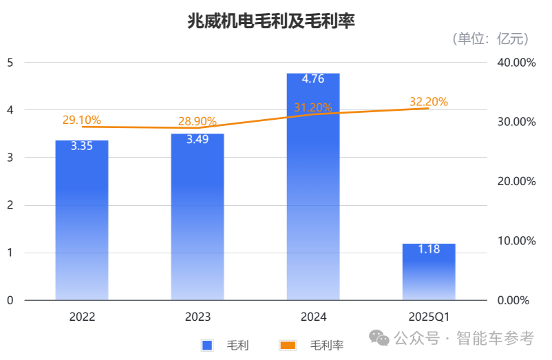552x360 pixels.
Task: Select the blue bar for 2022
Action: click(x=82, y=220)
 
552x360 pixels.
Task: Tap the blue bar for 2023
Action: click(x=198, y=217)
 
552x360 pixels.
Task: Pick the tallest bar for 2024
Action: click(x=313, y=186)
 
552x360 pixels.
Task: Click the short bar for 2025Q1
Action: click(x=429, y=272)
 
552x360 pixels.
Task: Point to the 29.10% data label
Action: click(x=82, y=120)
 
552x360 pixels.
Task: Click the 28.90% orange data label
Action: click(x=198, y=121)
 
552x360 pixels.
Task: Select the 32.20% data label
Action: click(x=429, y=102)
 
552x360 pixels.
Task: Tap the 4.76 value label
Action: click(x=313, y=78)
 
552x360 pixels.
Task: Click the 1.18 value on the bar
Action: click(x=429, y=249)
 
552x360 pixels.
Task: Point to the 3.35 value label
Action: click(x=82, y=146)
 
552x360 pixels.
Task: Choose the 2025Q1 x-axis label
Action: click(x=429, y=317)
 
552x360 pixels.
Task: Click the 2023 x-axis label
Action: click(x=198, y=317)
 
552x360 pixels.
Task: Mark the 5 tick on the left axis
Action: click(x=10, y=63)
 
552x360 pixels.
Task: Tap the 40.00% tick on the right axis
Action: click(x=516, y=63)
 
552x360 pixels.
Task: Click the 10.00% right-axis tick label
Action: click(x=516, y=241)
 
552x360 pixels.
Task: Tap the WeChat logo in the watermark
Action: click(x=379, y=337)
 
